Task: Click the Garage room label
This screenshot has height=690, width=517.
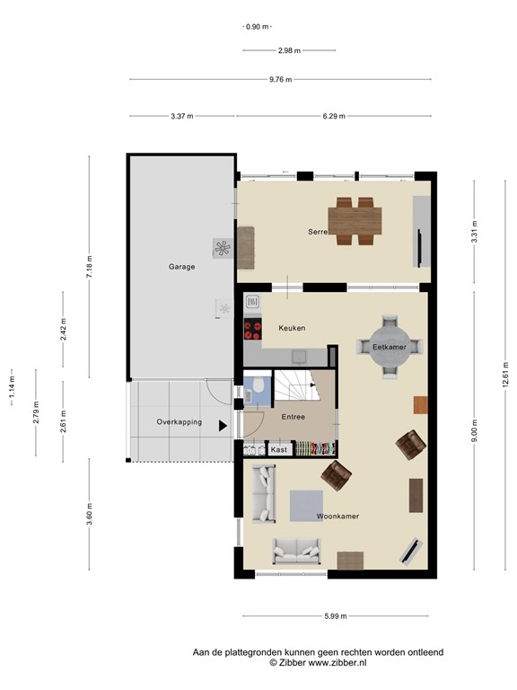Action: pos(181,267)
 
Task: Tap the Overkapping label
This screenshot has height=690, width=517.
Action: pos(180,421)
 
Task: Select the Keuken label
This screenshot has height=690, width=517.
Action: pos(292,328)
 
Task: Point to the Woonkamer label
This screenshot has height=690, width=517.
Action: pos(337,517)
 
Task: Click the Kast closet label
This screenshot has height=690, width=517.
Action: pos(279,449)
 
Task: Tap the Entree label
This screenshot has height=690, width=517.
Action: pos(294,417)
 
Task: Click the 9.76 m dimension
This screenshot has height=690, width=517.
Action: pos(280,80)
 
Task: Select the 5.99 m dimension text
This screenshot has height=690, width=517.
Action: pos(336,616)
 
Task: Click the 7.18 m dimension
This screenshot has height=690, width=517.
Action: pos(89,267)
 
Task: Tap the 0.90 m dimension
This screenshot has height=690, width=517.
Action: pos(258,27)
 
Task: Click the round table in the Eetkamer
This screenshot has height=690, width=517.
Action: pos(390,347)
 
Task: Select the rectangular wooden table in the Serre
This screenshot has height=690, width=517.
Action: pos(355,221)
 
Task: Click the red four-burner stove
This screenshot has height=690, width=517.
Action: pos(253,329)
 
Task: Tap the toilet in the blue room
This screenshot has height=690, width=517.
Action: pos(258,385)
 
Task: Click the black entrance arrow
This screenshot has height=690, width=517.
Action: pos(223,426)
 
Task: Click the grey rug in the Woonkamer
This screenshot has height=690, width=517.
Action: pos(306,506)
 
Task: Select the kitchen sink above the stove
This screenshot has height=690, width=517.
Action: pos(252,302)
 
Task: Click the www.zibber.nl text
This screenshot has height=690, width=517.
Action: pos(337,663)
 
